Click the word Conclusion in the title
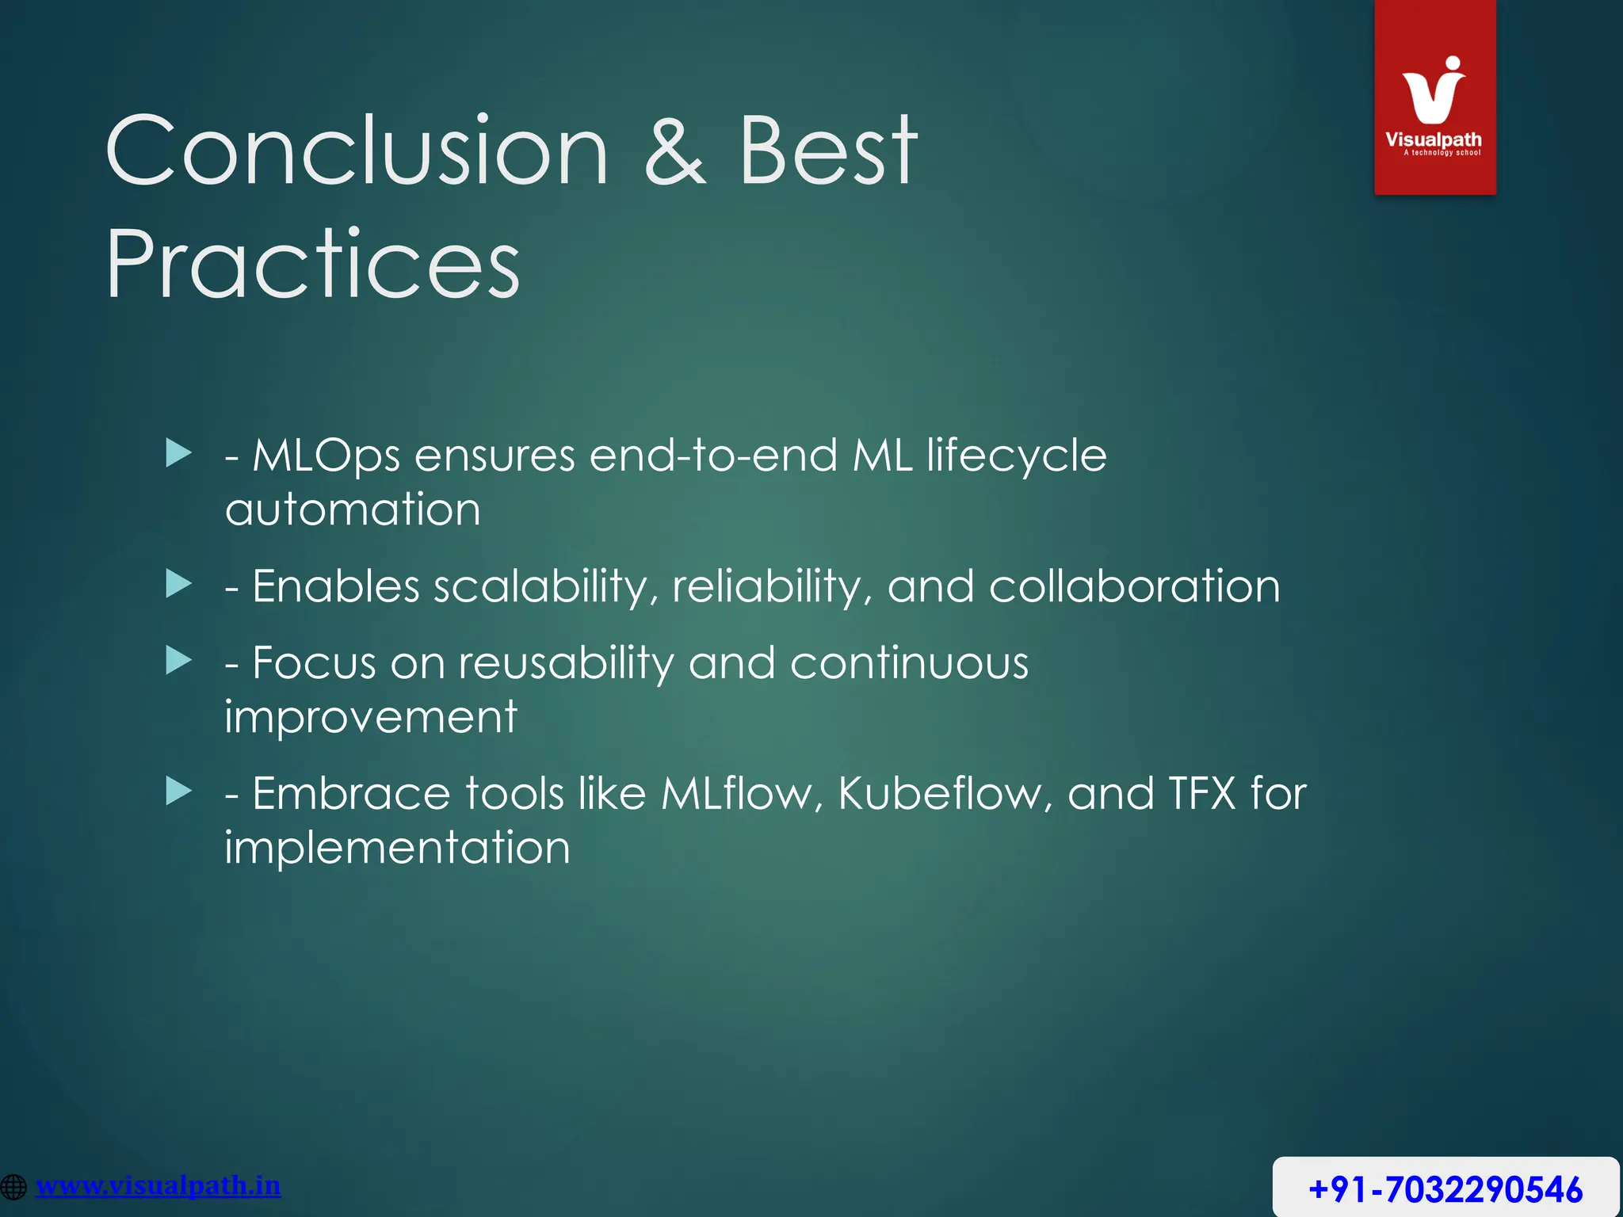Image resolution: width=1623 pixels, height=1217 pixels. click(x=357, y=151)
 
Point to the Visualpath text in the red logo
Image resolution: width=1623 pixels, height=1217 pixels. click(x=1433, y=139)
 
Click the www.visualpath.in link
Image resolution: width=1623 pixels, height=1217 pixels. click(x=158, y=1186)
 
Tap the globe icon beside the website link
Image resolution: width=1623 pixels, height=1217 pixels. click(x=13, y=1187)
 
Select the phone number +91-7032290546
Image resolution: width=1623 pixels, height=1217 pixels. click(x=1445, y=1189)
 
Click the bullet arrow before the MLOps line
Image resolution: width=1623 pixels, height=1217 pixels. click(x=179, y=454)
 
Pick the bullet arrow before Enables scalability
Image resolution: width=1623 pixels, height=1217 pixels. click(x=179, y=585)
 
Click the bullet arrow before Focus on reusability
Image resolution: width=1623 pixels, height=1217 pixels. click(x=179, y=661)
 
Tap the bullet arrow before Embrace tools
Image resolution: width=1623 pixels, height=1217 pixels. click(x=179, y=792)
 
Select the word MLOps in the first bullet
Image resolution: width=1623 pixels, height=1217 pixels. click(x=326, y=456)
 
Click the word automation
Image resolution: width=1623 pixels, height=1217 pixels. click(x=353, y=509)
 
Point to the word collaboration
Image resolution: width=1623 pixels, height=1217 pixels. click(x=1134, y=587)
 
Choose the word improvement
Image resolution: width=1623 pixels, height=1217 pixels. click(x=371, y=718)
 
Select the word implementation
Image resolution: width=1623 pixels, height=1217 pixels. click(x=397, y=848)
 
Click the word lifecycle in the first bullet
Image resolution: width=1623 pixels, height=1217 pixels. click(x=1016, y=456)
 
